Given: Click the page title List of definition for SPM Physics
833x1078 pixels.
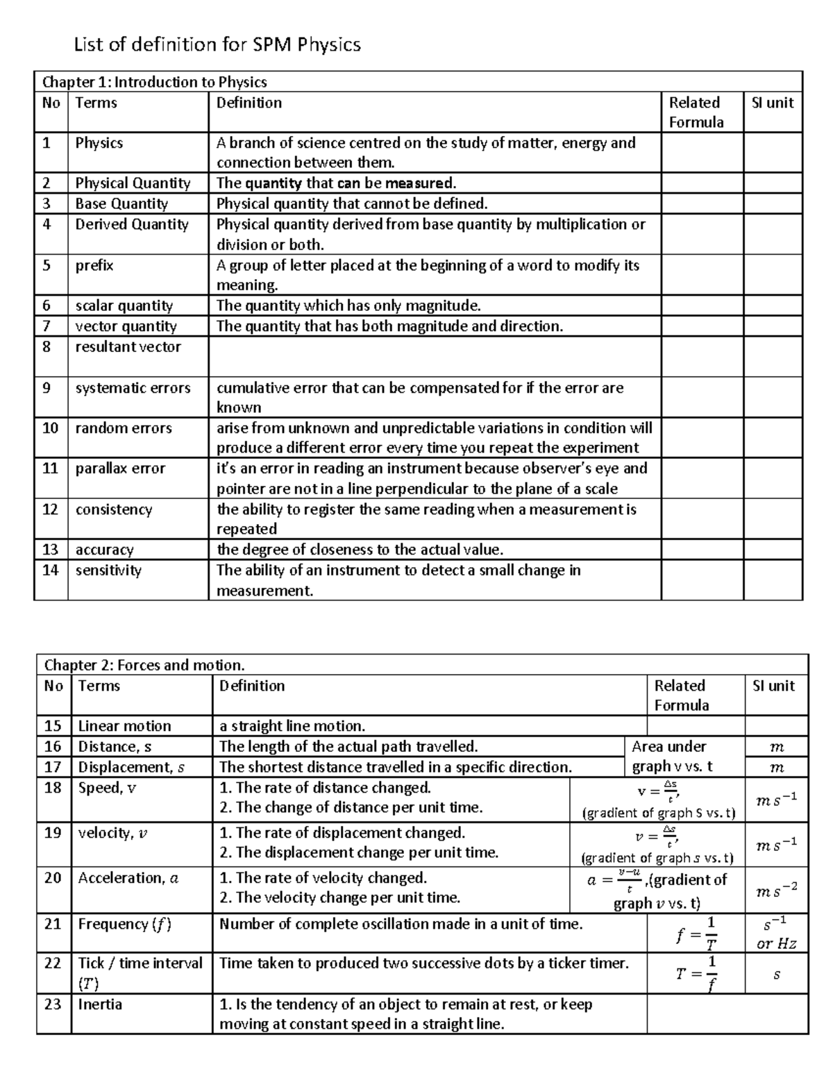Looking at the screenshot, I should [x=217, y=45].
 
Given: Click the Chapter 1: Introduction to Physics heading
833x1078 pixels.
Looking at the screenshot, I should [x=154, y=82].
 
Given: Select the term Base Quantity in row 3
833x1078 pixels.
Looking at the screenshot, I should [x=121, y=203].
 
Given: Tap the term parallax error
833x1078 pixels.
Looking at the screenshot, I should [x=120, y=469].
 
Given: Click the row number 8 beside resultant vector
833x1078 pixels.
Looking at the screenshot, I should [x=47, y=346].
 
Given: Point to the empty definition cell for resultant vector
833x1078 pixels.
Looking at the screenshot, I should [x=434, y=356].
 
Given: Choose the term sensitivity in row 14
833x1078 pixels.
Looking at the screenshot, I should [x=108, y=570].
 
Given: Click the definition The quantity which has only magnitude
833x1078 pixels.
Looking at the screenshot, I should [x=348, y=305].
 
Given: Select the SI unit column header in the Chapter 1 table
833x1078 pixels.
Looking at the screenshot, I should [x=772, y=103].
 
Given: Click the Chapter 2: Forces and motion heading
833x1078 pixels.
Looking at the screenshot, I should [x=144, y=665].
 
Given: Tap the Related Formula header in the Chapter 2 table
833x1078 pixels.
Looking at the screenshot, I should [x=681, y=695].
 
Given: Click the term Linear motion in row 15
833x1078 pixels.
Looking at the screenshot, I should [x=124, y=726].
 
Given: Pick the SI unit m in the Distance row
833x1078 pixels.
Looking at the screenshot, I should [x=776, y=747].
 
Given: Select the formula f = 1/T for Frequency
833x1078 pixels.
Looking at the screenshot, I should [x=695, y=933].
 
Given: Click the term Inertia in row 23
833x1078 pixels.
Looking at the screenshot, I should [x=100, y=1004].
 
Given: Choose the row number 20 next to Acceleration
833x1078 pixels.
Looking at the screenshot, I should [x=53, y=878].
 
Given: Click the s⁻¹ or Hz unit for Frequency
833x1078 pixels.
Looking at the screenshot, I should [x=776, y=933].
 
